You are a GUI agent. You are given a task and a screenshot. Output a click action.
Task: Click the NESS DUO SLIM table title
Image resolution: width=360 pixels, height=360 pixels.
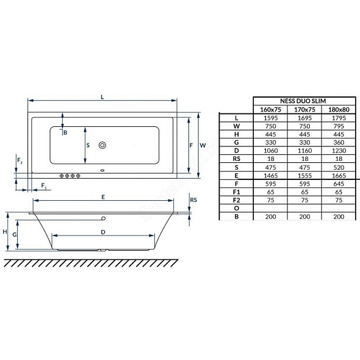click(x=303, y=101)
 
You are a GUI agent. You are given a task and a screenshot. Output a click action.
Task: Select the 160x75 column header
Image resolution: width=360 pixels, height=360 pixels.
click(x=270, y=109)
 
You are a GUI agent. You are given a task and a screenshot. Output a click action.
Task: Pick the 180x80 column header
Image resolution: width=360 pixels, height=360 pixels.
click(x=339, y=109)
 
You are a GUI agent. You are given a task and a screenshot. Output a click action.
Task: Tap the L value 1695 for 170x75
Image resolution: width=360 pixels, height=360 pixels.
click(x=304, y=118)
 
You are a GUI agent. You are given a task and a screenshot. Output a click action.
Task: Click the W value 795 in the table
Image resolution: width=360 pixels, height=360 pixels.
click(x=339, y=126)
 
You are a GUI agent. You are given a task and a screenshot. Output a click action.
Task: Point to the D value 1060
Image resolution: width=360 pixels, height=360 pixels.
click(x=271, y=151)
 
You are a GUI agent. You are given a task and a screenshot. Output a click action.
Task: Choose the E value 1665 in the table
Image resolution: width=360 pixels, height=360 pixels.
click(x=339, y=176)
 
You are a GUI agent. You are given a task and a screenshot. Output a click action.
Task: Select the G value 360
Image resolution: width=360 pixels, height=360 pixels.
click(x=339, y=143)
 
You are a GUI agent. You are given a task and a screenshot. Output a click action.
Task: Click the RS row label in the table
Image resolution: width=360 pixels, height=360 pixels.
click(x=237, y=159)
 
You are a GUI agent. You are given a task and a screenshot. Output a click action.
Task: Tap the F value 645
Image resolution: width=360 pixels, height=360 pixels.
click(x=339, y=184)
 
